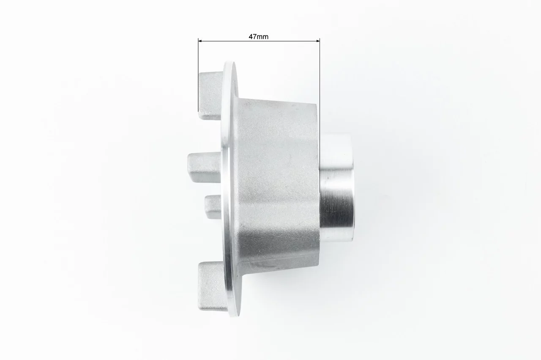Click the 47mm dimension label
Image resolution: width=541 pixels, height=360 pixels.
(x=258, y=37)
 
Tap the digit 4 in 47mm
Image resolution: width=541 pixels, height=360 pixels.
(x=251, y=37)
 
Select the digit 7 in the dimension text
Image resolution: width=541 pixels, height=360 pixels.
(x=254, y=37)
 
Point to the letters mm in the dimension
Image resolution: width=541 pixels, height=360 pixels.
(x=262, y=37)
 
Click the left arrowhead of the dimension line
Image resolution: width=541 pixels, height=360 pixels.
(x=200, y=41)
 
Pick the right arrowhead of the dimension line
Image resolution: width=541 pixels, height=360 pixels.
(x=318, y=41)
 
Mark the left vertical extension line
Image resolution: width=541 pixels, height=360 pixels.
(x=198, y=75)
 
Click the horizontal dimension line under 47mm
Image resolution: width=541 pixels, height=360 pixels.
(x=259, y=41)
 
